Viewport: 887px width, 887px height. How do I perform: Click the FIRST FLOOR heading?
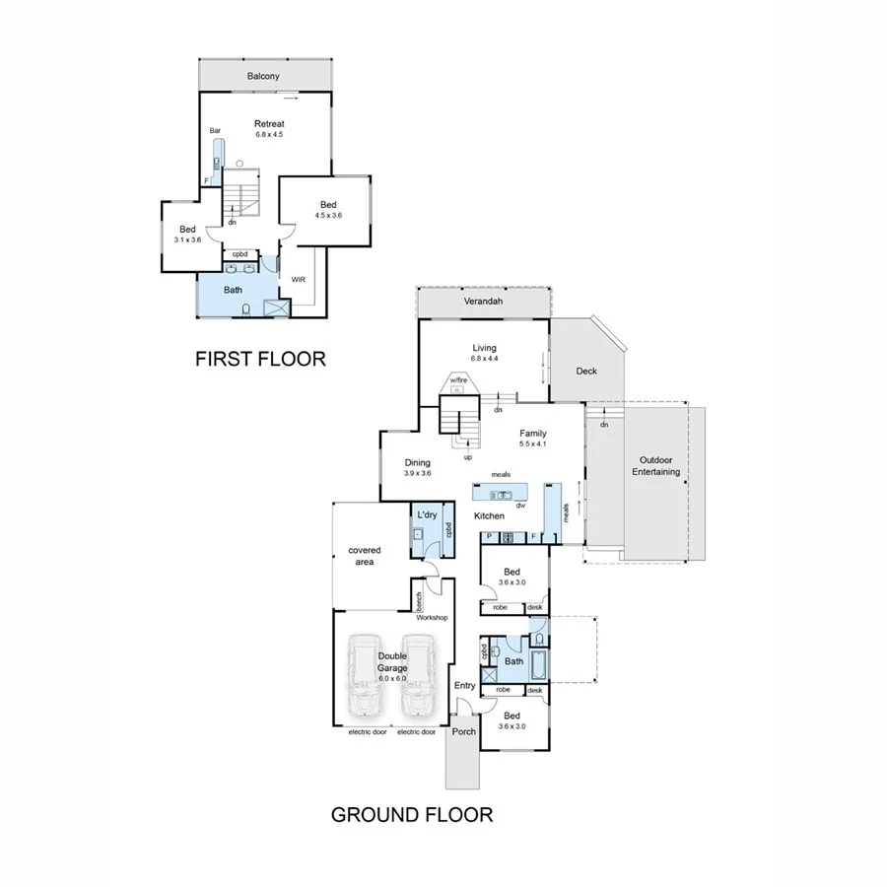point(260,359)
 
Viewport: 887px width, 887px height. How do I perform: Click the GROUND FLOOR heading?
point(411,814)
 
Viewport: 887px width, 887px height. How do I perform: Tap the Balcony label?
point(263,76)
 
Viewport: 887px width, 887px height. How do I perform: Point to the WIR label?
point(299,279)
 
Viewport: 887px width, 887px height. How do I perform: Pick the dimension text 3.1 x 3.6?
point(187,239)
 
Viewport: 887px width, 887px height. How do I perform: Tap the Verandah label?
point(483,303)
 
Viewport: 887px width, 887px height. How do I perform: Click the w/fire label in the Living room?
point(458,379)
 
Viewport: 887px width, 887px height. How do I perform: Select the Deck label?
point(587,371)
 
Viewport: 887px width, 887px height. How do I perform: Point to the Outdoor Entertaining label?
point(656,465)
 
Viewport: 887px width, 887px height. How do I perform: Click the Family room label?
point(532,432)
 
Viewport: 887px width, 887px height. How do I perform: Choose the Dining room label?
point(418,462)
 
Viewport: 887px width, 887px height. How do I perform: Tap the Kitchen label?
point(489,515)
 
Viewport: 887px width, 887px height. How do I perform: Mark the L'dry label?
point(427,514)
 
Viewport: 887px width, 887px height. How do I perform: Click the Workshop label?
point(432,617)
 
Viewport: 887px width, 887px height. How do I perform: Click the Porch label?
point(463,732)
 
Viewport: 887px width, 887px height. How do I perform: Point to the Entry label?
point(465,685)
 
